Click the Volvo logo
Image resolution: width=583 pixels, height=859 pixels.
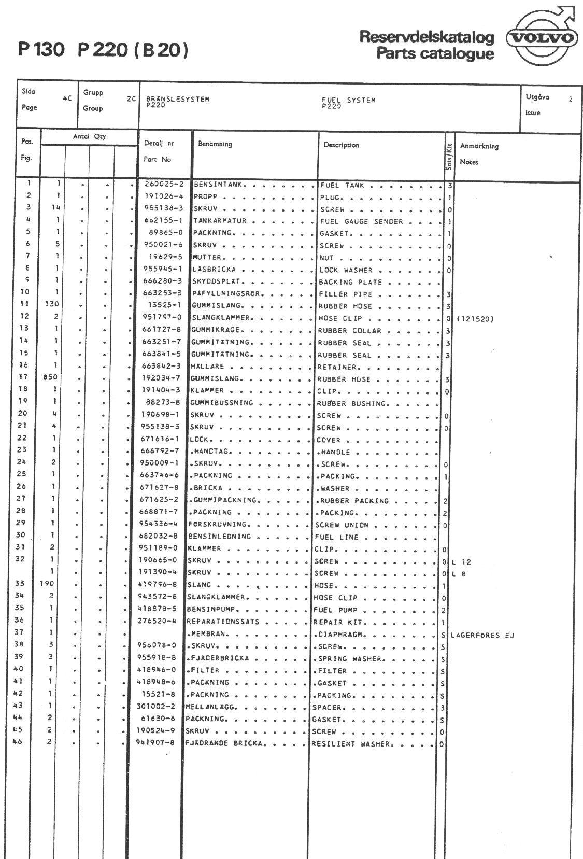(542, 37)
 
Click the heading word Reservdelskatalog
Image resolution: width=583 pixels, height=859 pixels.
(426, 37)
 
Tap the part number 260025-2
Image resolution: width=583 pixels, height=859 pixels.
(164, 184)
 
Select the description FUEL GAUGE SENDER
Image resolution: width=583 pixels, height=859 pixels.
(361, 221)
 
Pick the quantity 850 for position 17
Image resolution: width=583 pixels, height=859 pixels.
(50, 377)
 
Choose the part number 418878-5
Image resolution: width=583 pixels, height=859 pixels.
(157, 609)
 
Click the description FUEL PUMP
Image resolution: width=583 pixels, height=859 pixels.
(335, 610)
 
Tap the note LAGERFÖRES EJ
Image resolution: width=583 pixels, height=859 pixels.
(482, 635)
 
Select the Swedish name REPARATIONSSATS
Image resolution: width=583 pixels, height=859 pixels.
(223, 622)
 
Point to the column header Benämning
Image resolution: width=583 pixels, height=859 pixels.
(215, 144)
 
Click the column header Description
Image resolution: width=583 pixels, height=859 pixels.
(341, 145)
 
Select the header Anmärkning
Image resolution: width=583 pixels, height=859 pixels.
(479, 146)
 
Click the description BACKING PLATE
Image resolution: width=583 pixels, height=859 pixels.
(350, 282)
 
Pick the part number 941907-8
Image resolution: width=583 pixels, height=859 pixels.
(155, 742)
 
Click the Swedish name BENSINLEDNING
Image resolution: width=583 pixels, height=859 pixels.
(219, 537)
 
